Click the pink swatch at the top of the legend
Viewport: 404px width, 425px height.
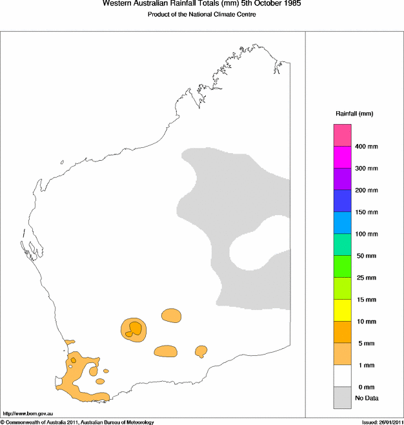point(342,135)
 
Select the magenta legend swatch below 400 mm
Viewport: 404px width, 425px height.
point(342,157)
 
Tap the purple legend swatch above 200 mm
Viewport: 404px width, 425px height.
point(342,179)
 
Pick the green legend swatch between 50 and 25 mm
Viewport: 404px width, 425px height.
point(342,266)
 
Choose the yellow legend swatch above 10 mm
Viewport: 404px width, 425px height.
point(342,310)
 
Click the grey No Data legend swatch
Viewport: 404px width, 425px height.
point(342,397)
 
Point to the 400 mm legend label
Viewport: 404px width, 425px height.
point(367,147)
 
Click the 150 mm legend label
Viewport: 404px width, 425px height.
point(367,212)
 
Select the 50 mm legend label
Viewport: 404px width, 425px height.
point(365,256)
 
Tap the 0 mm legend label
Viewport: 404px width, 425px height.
point(364,386)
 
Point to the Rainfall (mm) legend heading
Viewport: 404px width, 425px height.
point(354,114)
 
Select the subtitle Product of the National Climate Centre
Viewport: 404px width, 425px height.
point(202,14)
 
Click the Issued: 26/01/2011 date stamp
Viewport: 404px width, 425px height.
point(381,422)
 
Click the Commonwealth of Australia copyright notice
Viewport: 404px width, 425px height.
point(77,422)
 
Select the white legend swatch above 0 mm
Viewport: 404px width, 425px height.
point(342,375)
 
